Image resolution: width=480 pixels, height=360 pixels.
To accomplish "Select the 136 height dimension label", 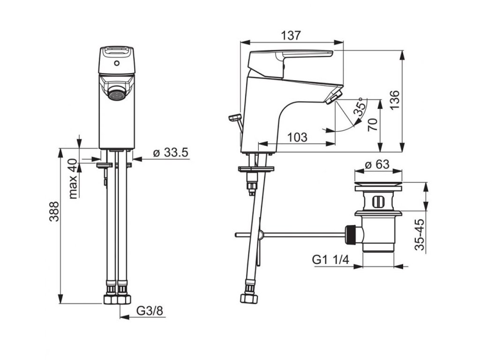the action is (395, 100).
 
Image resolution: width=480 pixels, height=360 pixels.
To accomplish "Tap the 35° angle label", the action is (360, 106).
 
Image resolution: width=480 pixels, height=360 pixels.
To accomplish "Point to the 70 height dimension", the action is (373, 125).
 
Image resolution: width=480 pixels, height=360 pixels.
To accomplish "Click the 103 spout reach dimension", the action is (297, 137).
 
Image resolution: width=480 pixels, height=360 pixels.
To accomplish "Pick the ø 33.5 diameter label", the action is (171, 152).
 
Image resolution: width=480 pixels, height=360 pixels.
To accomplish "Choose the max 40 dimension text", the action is (73, 179).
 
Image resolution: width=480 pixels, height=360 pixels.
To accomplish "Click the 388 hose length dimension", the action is (54, 211).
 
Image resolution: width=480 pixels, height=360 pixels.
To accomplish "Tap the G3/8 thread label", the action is (150, 311).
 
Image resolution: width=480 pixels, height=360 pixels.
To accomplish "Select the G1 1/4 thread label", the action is (330, 260).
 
